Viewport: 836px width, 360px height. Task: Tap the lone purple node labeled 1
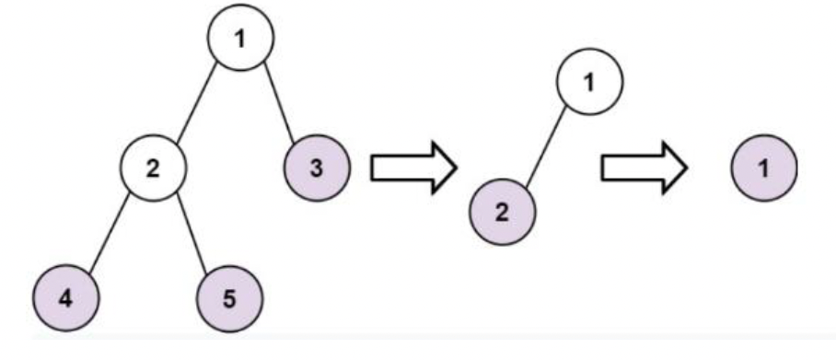(x=763, y=168)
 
